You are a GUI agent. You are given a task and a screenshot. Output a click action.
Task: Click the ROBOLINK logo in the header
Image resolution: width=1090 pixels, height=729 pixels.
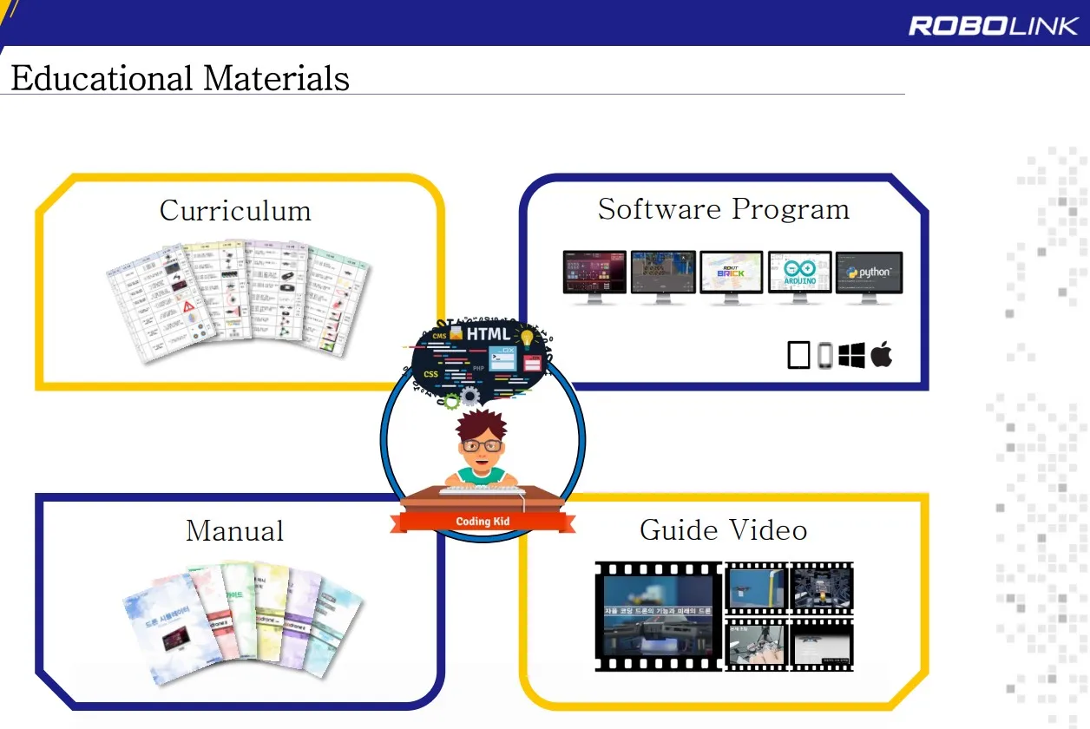click(x=993, y=25)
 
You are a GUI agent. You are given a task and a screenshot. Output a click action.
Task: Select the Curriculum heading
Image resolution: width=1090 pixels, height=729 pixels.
click(x=235, y=211)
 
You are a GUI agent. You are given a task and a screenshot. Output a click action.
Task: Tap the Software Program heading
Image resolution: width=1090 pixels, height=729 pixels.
click(x=723, y=209)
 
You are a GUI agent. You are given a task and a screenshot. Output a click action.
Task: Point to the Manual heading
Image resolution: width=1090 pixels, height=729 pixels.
click(x=234, y=530)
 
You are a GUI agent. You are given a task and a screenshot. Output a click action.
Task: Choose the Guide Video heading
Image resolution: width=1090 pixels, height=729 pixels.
click(x=723, y=529)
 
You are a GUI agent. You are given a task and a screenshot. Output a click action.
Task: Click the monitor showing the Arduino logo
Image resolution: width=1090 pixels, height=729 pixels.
click(x=799, y=273)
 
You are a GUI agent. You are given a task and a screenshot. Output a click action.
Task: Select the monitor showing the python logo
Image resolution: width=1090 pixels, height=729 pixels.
click(x=869, y=273)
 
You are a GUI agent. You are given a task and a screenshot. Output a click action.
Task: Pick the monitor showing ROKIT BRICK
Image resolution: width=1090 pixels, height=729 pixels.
click(x=731, y=273)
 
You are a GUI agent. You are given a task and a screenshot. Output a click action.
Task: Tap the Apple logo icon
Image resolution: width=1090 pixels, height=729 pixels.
click(x=882, y=354)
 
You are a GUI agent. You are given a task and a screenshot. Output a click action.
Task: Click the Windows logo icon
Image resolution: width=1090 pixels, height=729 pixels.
click(x=852, y=355)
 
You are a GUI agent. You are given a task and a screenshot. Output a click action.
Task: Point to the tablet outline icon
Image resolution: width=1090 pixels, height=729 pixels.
click(x=798, y=355)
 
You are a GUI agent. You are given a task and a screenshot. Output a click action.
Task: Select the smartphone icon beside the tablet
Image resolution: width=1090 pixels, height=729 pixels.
click(x=824, y=355)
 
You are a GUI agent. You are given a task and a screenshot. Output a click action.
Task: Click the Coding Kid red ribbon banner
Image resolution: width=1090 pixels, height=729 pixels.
click(x=483, y=522)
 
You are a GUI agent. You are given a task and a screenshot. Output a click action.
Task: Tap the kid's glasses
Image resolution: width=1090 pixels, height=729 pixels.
click(x=481, y=445)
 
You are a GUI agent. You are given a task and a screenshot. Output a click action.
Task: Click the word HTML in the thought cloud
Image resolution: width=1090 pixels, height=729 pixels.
click(x=489, y=334)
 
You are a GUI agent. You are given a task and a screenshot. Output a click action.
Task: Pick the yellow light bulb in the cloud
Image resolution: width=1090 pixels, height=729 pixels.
click(x=526, y=338)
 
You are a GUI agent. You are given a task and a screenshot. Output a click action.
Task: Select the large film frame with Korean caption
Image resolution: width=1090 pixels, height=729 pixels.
click(x=658, y=615)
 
